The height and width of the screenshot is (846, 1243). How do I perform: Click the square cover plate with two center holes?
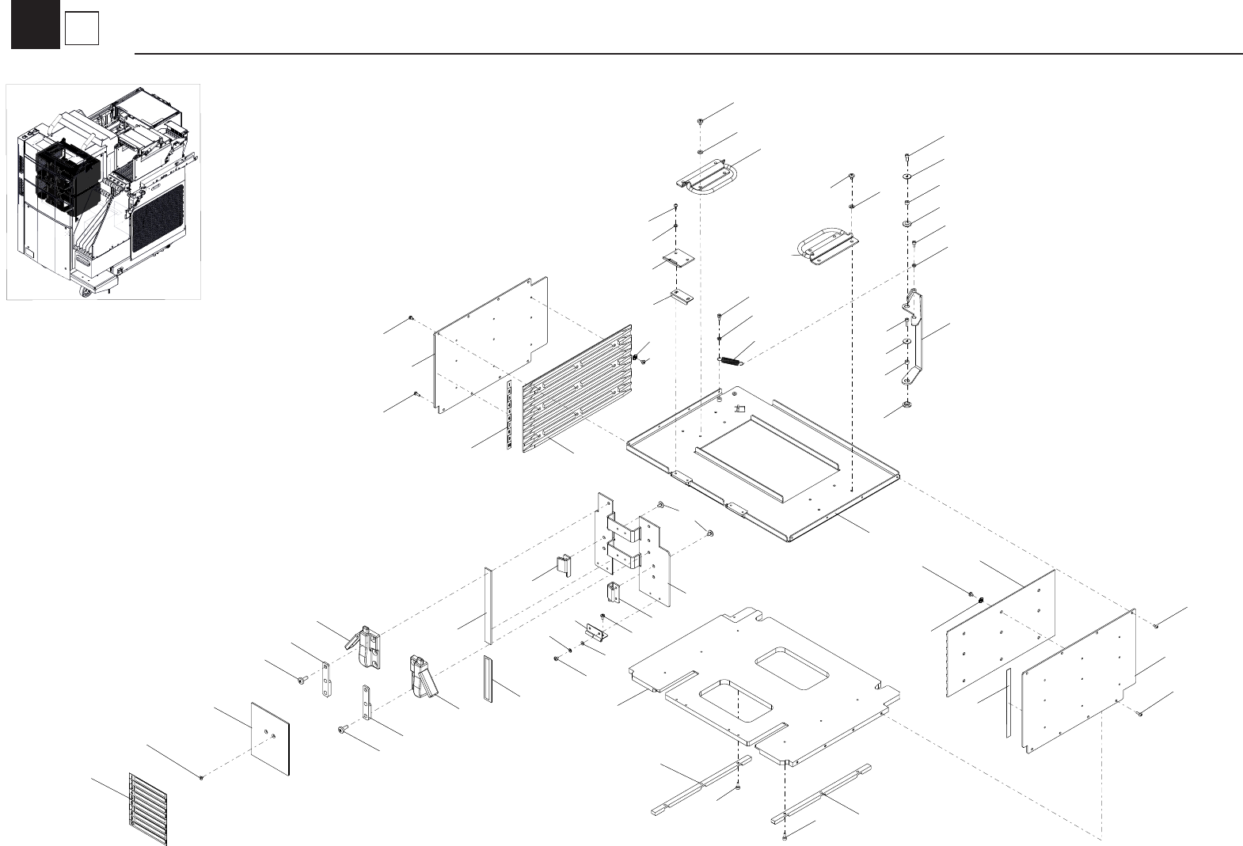click(x=270, y=737)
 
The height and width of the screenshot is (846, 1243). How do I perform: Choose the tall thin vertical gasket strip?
click(x=488, y=605)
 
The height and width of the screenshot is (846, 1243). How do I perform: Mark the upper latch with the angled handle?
click(x=366, y=644)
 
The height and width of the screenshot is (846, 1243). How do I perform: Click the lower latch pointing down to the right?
click(x=423, y=676)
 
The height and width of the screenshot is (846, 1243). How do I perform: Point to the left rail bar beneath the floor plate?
click(x=701, y=783)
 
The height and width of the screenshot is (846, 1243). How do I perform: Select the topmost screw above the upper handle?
click(x=701, y=121)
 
